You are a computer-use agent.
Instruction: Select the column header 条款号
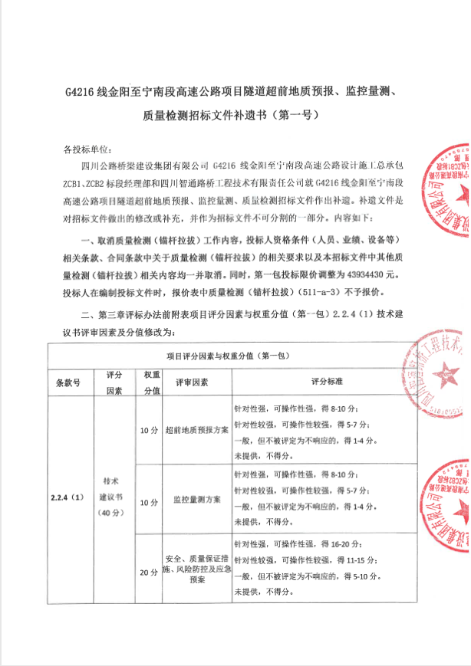click(68, 381)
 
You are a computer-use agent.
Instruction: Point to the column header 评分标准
click(326, 381)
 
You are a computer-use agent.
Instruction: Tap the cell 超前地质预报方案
click(196, 429)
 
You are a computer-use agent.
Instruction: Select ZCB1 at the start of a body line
click(76, 182)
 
